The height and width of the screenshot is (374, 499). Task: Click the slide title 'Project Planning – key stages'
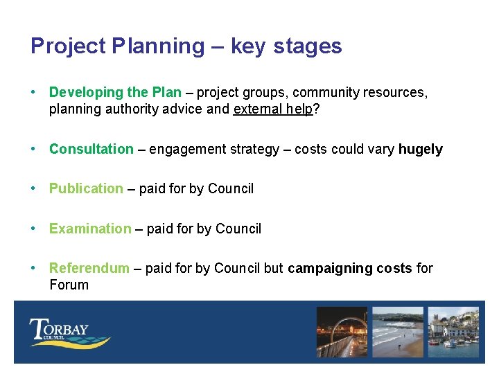(186, 46)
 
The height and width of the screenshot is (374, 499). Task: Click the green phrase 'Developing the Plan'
(115, 92)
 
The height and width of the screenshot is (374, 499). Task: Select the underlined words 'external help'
(273, 109)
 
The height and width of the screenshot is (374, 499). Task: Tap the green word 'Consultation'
(91, 149)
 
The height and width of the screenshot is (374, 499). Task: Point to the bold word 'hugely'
(420, 149)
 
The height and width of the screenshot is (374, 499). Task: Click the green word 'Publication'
(86, 188)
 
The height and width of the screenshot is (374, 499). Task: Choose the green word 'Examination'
(90, 229)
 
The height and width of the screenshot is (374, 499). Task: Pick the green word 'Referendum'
(89, 268)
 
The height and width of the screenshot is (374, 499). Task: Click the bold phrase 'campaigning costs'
(350, 268)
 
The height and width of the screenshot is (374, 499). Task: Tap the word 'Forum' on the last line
(69, 285)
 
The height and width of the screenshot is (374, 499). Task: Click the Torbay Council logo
(69, 332)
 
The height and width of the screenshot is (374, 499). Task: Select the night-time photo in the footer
(342, 332)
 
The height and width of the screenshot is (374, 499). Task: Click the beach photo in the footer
(397, 332)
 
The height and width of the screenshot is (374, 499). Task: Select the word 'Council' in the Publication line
(231, 188)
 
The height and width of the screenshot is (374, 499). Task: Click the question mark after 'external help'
(316, 109)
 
